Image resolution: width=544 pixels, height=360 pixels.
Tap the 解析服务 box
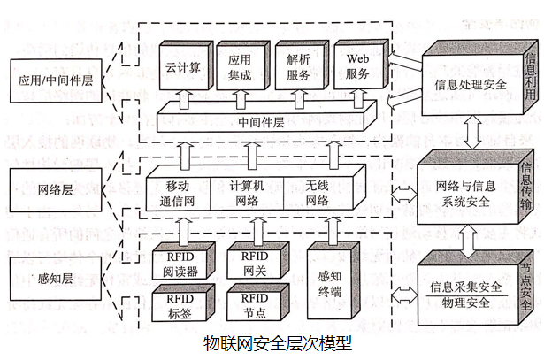coord(298,67)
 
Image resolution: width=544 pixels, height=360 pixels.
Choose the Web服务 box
coord(357,67)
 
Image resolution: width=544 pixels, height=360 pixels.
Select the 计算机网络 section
coord(246,192)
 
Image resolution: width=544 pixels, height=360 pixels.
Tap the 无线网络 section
coord(316,192)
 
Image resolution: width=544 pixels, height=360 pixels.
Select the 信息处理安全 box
coord(470,86)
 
